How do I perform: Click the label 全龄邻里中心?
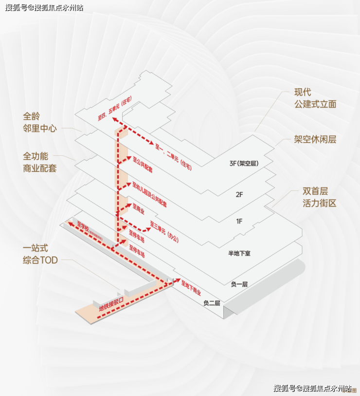40,122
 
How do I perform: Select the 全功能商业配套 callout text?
40,162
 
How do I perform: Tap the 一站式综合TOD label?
40,254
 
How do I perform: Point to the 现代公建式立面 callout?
315,98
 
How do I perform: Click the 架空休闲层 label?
315,139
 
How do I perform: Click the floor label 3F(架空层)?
243,164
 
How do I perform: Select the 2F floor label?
239,194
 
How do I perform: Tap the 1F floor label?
239,222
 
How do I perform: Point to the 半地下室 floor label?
239,253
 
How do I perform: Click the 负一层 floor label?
239,284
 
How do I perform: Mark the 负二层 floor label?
212,303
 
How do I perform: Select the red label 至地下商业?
191,288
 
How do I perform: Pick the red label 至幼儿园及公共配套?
149,194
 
